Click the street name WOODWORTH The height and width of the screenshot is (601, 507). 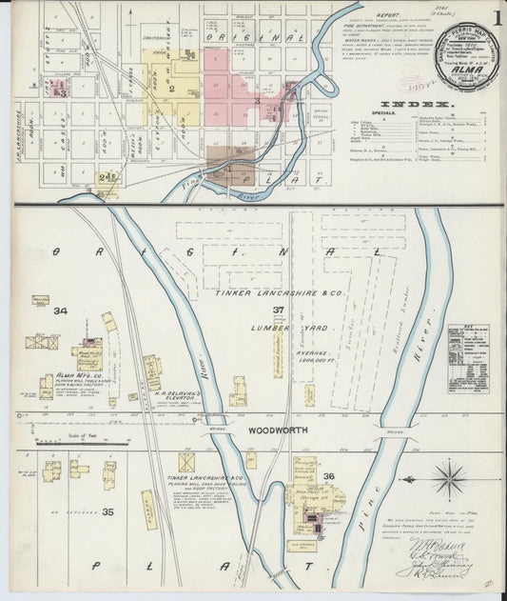pyautogui.click(x=277, y=430)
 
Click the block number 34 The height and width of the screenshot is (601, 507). pyautogui.click(x=61, y=311)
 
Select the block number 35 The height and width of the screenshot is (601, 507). pyautogui.click(x=107, y=512)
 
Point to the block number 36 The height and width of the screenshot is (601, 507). pyautogui.click(x=329, y=476)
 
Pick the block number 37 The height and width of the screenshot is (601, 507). pyautogui.click(x=279, y=311)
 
